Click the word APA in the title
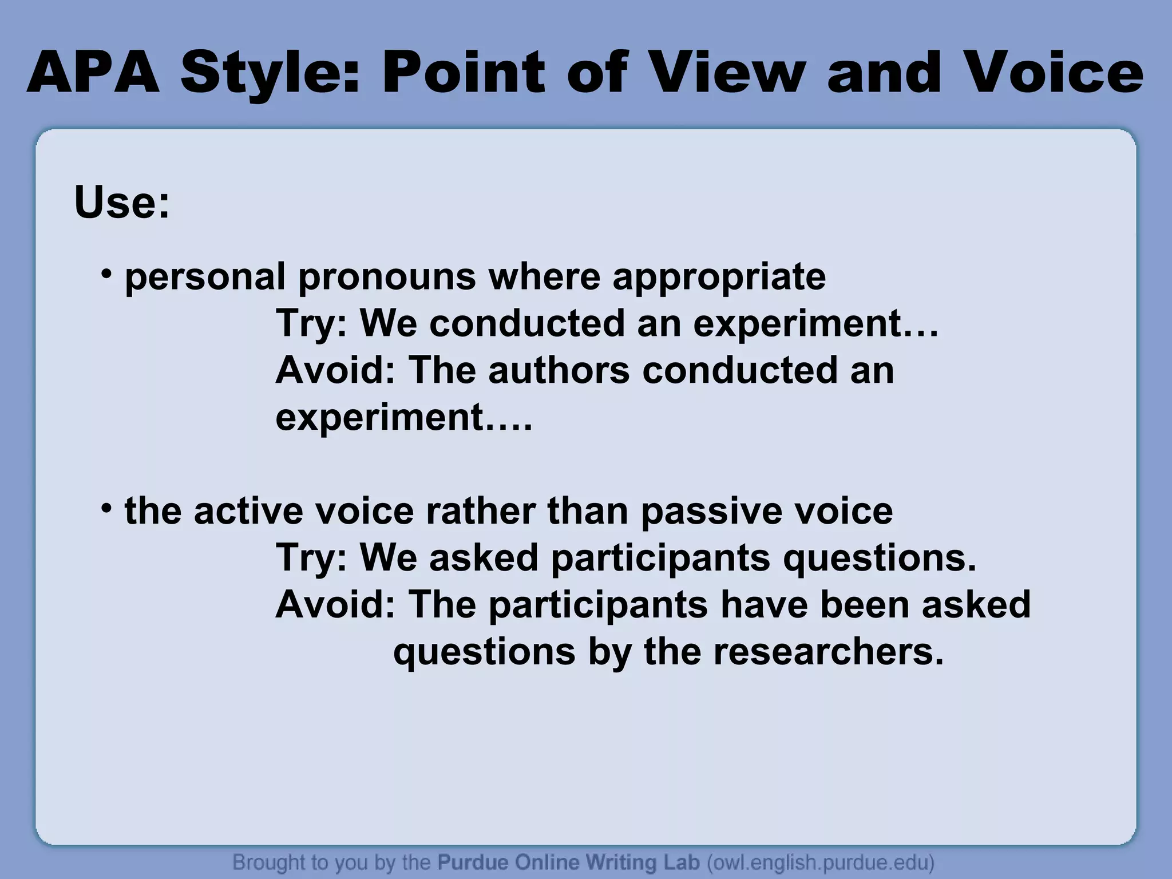point(93,73)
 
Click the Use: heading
point(122,203)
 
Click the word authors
point(559,371)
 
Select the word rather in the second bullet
point(481,512)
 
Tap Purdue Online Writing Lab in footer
point(568,862)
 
